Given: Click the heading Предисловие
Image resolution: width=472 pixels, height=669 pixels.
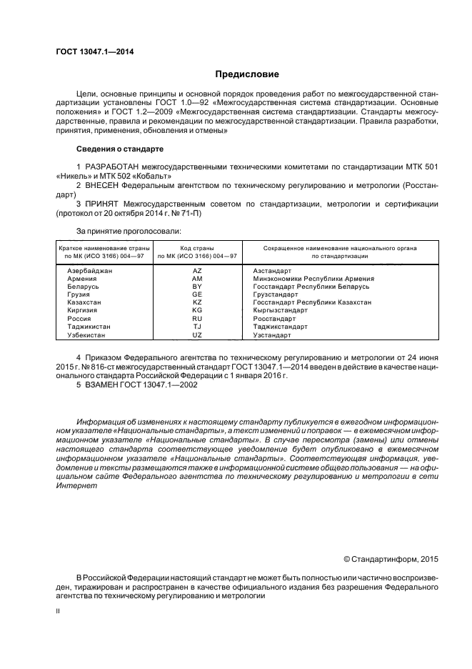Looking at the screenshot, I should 247,74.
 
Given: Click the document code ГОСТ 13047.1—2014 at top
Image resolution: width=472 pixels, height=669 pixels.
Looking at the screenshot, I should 96,51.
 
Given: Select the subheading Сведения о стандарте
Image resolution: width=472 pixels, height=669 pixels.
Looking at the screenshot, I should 119,149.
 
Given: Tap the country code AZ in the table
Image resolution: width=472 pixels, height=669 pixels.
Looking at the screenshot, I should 197,271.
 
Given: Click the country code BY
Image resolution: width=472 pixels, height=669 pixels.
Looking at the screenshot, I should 197,287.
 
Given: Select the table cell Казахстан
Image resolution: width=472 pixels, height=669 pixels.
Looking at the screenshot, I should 85,302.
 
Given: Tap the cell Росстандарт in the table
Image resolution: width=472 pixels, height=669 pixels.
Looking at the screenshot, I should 275,319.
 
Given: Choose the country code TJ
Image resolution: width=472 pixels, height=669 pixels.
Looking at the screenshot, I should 197,327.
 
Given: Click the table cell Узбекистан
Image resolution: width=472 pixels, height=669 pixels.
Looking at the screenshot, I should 88,334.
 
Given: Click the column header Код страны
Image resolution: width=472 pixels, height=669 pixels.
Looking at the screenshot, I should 197,247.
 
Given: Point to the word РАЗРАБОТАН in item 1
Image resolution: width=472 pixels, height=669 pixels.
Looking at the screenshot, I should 114,167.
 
